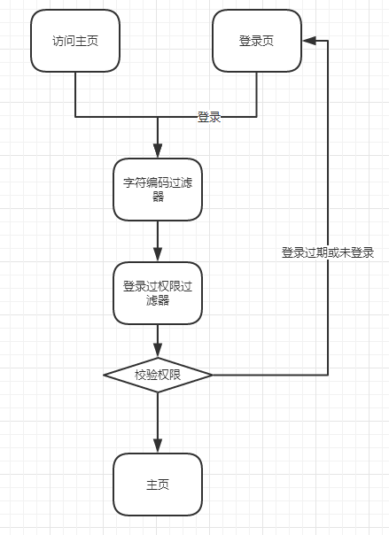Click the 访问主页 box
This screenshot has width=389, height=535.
(x=75, y=41)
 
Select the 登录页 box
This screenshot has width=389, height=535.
(x=257, y=41)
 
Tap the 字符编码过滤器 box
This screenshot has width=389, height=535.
(x=158, y=190)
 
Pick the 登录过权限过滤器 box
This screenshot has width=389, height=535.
(x=158, y=293)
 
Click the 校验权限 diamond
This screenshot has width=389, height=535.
(x=158, y=375)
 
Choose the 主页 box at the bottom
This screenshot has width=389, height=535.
(x=158, y=485)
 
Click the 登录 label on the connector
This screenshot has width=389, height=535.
(x=209, y=117)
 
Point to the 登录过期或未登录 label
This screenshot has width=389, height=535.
(x=328, y=252)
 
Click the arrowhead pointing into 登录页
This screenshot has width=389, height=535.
(x=309, y=41)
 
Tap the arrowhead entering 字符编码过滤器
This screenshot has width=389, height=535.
(x=158, y=151)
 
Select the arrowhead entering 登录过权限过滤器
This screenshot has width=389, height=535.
(x=158, y=254)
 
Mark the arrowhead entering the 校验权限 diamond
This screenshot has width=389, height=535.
(x=158, y=351)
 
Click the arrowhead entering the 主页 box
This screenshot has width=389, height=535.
(x=158, y=446)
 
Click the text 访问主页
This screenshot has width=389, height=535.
(x=75, y=41)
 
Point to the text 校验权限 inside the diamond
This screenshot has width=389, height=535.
(x=158, y=375)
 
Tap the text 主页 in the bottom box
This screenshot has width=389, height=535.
(x=158, y=485)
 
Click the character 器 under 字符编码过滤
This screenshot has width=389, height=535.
(x=158, y=197)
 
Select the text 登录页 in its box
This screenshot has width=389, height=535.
(x=257, y=41)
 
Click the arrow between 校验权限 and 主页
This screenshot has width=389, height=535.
(x=158, y=423)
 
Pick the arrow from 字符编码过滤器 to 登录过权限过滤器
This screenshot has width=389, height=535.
(x=158, y=241)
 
